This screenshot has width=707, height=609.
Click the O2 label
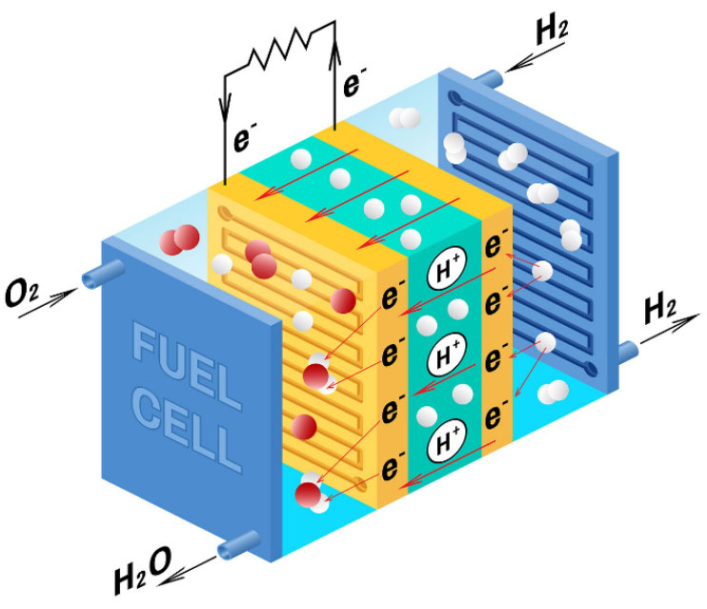click(22, 293)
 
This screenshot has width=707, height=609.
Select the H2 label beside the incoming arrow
click(552, 30)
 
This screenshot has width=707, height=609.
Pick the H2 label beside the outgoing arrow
click(660, 310)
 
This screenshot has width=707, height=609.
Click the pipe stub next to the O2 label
click(103, 274)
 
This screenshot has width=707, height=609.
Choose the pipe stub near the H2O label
click(239, 545)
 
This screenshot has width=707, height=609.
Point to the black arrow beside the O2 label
click(48, 302)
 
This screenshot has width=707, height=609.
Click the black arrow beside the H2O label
click(187, 571)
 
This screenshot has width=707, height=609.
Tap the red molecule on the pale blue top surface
click(179, 239)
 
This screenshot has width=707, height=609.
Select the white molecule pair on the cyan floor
click(554, 392)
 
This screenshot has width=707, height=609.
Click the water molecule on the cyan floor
click(312, 493)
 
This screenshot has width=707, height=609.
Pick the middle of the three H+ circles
click(446, 355)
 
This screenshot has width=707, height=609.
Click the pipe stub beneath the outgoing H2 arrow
click(628, 351)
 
